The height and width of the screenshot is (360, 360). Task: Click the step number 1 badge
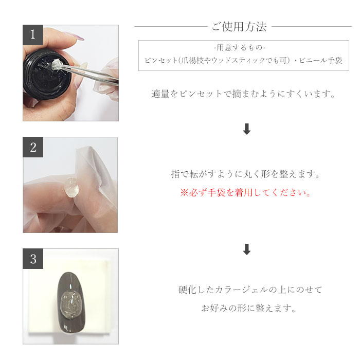pos(33,35)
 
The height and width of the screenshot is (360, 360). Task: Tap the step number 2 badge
pos(33,147)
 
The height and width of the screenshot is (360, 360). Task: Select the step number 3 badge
pos(33,259)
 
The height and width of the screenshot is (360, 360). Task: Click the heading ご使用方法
pos(239,27)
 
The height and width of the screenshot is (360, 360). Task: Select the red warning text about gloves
pos(246,193)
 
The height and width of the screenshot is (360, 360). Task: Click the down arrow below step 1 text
pos(246,130)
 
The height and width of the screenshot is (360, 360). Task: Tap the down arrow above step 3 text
pos(246,250)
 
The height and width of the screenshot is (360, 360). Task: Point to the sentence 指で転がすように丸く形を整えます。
pos(246,174)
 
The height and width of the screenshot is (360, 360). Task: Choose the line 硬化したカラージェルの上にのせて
pos(250,290)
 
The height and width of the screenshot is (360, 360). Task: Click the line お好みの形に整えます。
pos(248,309)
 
